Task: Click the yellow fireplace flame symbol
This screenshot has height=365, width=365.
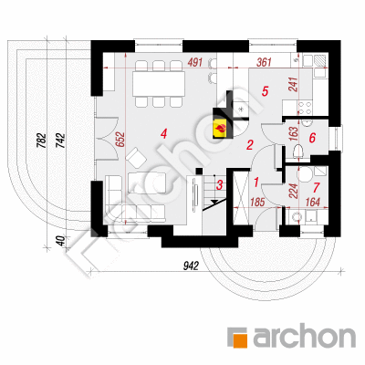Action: point(221,129)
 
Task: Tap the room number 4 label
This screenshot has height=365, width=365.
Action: point(164,134)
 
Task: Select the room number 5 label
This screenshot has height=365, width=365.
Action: point(265,91)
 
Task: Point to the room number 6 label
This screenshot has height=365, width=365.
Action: point(312,138)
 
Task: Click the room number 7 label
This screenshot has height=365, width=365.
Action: point(317,188)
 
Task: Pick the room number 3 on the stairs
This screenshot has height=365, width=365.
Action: point(219,185)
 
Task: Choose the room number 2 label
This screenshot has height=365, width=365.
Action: point(250,145)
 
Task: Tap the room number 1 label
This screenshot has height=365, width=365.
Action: point(256,182)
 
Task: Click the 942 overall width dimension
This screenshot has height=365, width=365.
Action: point(191,266)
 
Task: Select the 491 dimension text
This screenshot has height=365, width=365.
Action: point(195,63)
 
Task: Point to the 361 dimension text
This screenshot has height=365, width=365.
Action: point(264,63)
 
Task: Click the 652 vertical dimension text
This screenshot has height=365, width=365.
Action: point(120,140)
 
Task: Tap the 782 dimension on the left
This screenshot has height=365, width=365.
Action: point(41,141)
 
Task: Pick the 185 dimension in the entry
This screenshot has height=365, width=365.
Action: point(257,203)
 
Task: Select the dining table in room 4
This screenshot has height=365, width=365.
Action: point(159,83)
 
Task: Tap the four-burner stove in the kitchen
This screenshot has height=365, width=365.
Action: point(305,108)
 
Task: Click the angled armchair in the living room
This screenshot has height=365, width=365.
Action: point(136,158)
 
